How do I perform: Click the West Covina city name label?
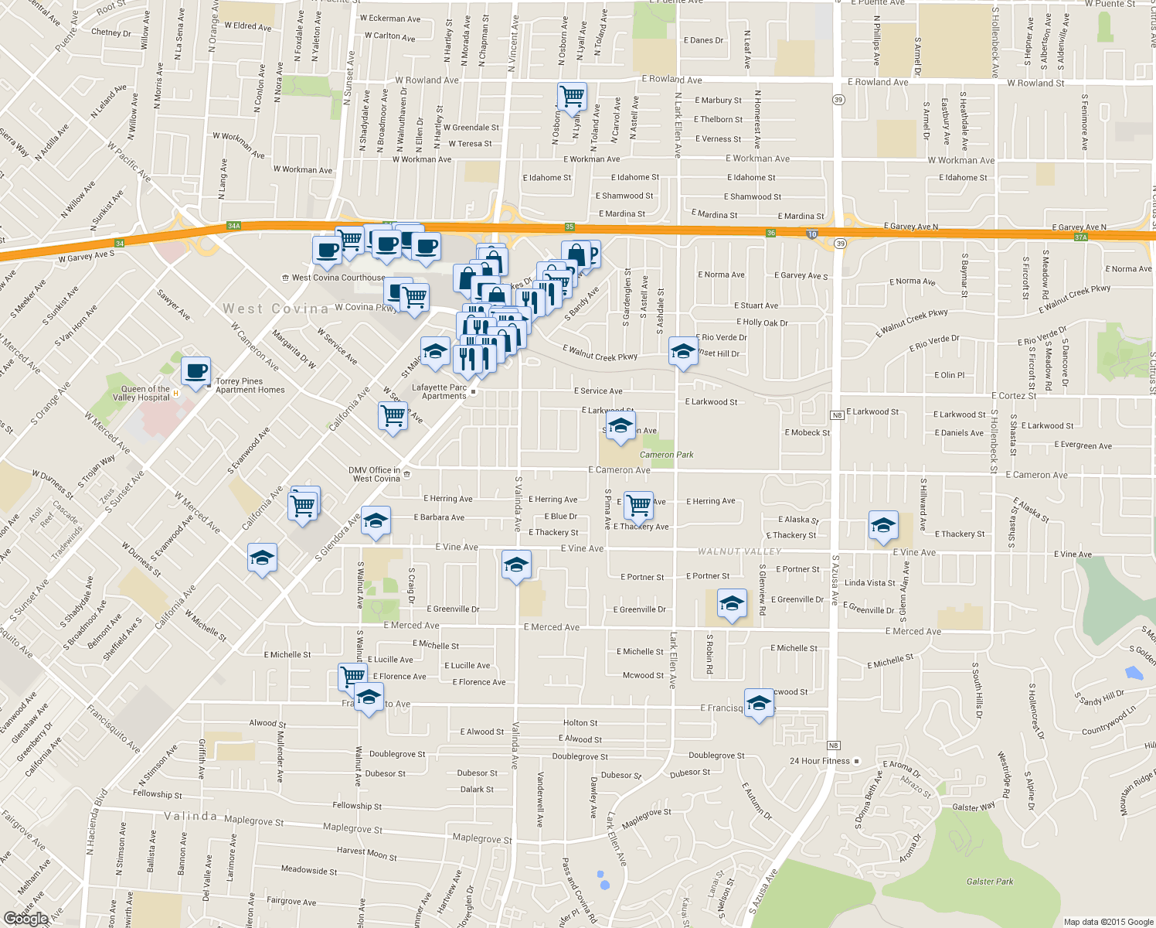275,309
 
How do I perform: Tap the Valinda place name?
190,816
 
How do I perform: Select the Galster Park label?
989,882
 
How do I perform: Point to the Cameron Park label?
666,455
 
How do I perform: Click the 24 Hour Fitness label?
819,761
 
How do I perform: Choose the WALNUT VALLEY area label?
739,551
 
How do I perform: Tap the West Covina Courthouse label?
338,278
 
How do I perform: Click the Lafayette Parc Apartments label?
440,392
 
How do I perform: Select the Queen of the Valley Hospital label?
144,394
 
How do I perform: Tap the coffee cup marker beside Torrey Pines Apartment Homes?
196,370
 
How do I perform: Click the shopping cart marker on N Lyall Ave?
572,97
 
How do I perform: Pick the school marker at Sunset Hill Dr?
683,351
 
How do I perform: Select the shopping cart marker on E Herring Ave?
638,505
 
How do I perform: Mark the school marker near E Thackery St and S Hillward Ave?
882,525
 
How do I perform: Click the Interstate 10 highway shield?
811,234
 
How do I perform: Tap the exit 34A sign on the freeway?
234,226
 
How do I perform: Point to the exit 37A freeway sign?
1080,237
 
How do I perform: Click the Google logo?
25,919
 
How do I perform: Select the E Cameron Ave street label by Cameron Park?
619,470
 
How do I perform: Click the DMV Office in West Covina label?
376,474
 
